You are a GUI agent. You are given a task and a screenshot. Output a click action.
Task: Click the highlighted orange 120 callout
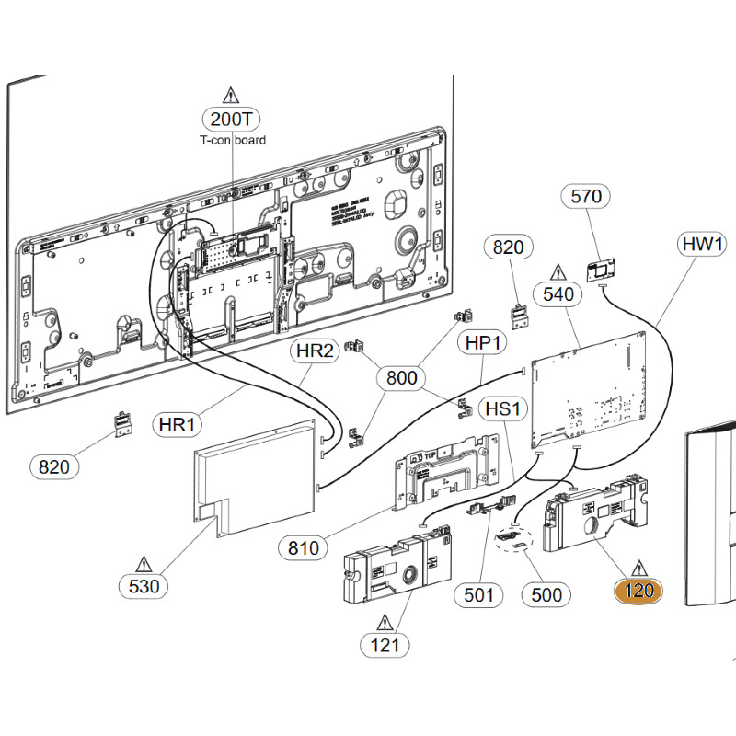(x=638, y=591)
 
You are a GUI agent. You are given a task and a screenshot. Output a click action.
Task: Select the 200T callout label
(x=231, y=119)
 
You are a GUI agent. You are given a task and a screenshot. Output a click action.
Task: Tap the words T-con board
(x=233, y=140)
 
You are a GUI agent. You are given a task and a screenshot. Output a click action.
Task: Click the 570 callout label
(x=586, y=196)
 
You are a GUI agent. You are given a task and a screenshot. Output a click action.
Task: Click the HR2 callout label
(x=315, y=351)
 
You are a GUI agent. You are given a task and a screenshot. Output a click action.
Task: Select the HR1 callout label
(x=178, y=425)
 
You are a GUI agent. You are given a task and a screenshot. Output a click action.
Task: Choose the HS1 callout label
(x=502, y=408)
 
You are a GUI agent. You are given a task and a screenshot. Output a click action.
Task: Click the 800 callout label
(x=402, y=377)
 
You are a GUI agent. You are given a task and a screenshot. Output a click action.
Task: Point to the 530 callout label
(x=144, y=585)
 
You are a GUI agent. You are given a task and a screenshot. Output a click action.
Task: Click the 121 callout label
(x=385, y=644)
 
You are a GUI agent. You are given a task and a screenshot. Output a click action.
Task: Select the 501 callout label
(x=478, y=594)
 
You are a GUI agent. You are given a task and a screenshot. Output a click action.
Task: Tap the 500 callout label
(x=546, y=594)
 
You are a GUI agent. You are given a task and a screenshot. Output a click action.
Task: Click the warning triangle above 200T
(x=230, y=95)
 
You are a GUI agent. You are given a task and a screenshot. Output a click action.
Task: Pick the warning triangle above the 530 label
(x=144, y=562)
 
